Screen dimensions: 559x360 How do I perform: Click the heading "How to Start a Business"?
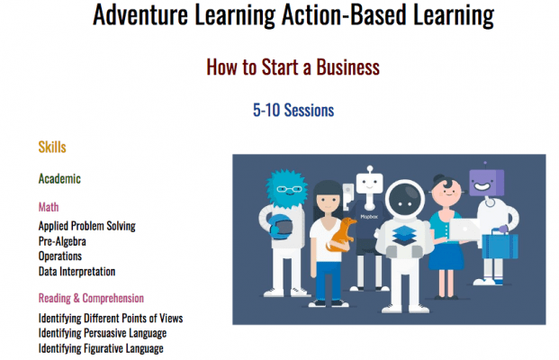point(293,67)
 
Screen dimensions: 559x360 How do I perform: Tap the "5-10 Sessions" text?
point(293,110)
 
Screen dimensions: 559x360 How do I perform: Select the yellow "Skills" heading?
point(52,147)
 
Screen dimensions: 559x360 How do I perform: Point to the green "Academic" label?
point(59,178)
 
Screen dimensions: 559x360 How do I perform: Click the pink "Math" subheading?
point(49,207)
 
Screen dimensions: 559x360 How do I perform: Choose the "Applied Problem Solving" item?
point(87,226)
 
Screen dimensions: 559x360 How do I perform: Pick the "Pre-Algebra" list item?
point(62,241)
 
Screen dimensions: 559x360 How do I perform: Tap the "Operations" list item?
point(60,256)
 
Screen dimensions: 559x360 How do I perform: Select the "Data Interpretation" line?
point(77,272)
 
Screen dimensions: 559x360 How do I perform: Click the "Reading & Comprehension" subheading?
point(91,298)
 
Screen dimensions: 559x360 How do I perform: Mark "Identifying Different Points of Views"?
point(111,318)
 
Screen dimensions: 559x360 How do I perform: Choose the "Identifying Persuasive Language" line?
point(103,333)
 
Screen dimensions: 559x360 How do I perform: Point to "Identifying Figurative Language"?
point(101,348)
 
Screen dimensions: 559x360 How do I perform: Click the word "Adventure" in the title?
point(140,15)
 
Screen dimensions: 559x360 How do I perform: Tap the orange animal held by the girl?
point(341,235)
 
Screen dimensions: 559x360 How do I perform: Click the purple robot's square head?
point(487,182)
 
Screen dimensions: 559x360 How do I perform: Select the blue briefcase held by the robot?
point(500,245)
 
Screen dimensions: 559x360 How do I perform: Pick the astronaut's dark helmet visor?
point(405,201)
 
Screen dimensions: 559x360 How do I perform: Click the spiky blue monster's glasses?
point(289,189)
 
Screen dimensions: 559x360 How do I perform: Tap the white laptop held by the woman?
point(464,229)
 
